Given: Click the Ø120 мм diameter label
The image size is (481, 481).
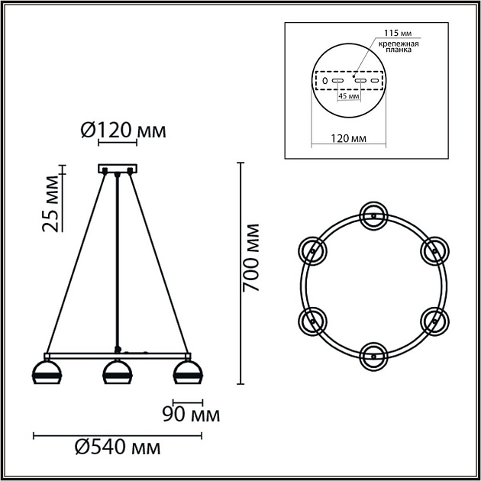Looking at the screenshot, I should coord(123,131).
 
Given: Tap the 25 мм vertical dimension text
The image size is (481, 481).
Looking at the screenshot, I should coord(50,202).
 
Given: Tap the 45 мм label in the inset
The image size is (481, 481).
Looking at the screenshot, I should coord(348,97).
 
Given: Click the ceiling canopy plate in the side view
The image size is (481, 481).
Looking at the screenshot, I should coord(117,169).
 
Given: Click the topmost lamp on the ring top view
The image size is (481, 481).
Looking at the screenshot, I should coord(373,215).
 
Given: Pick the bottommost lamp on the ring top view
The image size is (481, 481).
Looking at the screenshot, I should coord(373,354).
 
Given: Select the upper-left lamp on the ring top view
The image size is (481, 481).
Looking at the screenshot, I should coord(312,249).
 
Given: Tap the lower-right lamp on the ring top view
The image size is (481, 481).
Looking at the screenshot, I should coord(433,320).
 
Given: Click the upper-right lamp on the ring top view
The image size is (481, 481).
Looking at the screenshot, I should coord(433,249).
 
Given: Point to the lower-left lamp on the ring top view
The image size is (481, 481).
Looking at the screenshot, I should coord(312,320).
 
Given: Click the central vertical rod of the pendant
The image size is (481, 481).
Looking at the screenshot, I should coord(117,260).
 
